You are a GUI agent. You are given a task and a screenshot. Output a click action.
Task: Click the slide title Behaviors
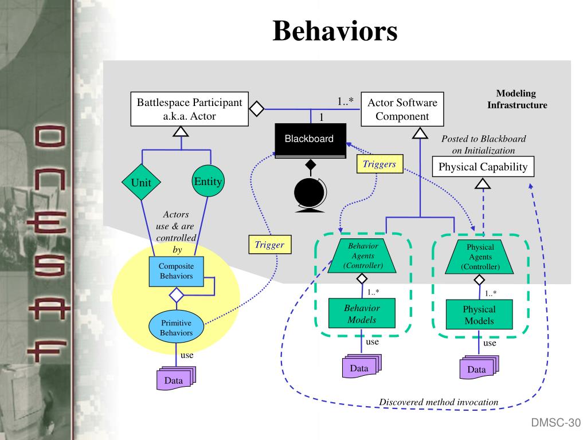coord(335,32)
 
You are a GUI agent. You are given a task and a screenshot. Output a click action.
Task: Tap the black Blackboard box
coord(311,140)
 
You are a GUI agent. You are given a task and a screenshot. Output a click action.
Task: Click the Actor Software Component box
coord(402,109)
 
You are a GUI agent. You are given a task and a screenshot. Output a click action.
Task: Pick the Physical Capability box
coord(483,167)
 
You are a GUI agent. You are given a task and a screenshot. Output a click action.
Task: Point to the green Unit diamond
coord(142,183)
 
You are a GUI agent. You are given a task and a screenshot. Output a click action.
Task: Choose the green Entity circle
coord(208,182)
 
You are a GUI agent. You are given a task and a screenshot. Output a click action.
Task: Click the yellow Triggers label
coord(379,164)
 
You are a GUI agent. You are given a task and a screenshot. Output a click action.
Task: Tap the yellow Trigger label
coord(269,245)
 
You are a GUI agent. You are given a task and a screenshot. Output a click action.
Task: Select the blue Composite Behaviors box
coord(176,272)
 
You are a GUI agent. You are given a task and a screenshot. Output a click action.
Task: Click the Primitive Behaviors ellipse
coord(177,327)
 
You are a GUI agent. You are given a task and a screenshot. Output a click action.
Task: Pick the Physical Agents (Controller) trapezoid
coord(480,257)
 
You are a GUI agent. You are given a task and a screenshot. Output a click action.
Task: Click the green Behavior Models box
coord(362,314)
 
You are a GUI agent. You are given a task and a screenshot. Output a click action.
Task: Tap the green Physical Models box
coord(479,315)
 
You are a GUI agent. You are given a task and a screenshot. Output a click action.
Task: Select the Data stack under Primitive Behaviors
coord(175,379)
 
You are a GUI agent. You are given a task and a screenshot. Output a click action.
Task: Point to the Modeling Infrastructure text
coord(516,99)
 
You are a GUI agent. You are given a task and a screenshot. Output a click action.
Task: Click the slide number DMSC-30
coord(555,423)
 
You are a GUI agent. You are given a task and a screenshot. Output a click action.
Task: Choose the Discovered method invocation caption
coord(439,402)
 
